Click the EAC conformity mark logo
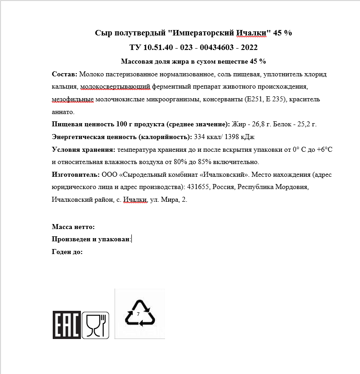pyautogui.click(x=67, y=325)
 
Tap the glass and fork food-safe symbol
pyautogui.click(x=96, y=325)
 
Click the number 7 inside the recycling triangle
pyautogui.click(x=138, y=314)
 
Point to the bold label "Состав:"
pyautogui.click(x=65, y=74)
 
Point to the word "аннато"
pyautogui.click(x=63, y=111)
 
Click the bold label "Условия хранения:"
pyautogui.click(x=84, y=149)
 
